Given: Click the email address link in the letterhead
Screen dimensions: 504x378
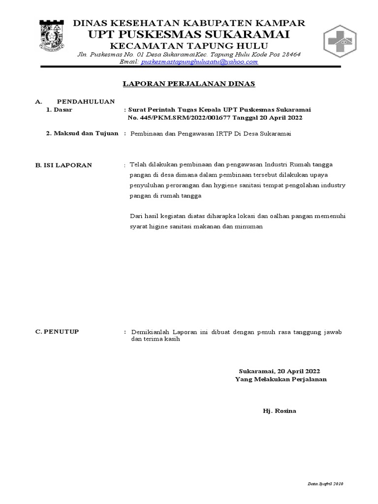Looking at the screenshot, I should pos(199,62).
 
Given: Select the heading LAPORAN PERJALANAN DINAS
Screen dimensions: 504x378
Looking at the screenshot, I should pos(189,84).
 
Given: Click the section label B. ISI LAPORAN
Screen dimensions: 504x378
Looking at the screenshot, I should pos(63,165).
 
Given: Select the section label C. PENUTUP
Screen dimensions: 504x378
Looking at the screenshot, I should pos(57,332).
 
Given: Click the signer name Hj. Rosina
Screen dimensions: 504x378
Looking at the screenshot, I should pos(280,410).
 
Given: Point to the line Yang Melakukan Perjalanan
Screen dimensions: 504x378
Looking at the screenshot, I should pos(281,379).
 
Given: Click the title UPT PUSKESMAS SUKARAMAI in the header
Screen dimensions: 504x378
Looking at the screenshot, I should pos(189,34).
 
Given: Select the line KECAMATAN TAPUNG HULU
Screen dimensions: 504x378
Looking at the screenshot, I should pos(189,45).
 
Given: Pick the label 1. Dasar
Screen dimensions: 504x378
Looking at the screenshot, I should pos(59,110).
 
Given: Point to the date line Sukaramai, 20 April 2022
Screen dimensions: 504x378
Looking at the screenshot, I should pos(280,371).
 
